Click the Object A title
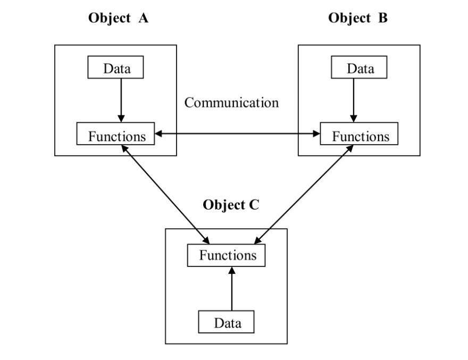118,18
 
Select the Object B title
358,18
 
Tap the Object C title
231,205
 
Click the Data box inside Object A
115,67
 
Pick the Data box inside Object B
359,67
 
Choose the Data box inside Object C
226,322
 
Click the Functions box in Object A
115,133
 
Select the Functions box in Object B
359,133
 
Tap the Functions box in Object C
226,255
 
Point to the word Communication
232,103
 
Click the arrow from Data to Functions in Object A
121,101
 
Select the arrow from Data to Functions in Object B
354,101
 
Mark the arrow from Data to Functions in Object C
232,288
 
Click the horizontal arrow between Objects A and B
237,133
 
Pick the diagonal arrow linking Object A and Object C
165,194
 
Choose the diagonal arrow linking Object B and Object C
304,194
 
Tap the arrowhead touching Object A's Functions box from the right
158,133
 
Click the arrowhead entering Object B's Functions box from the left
316,133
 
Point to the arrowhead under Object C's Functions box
232,270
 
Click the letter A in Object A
143,18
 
